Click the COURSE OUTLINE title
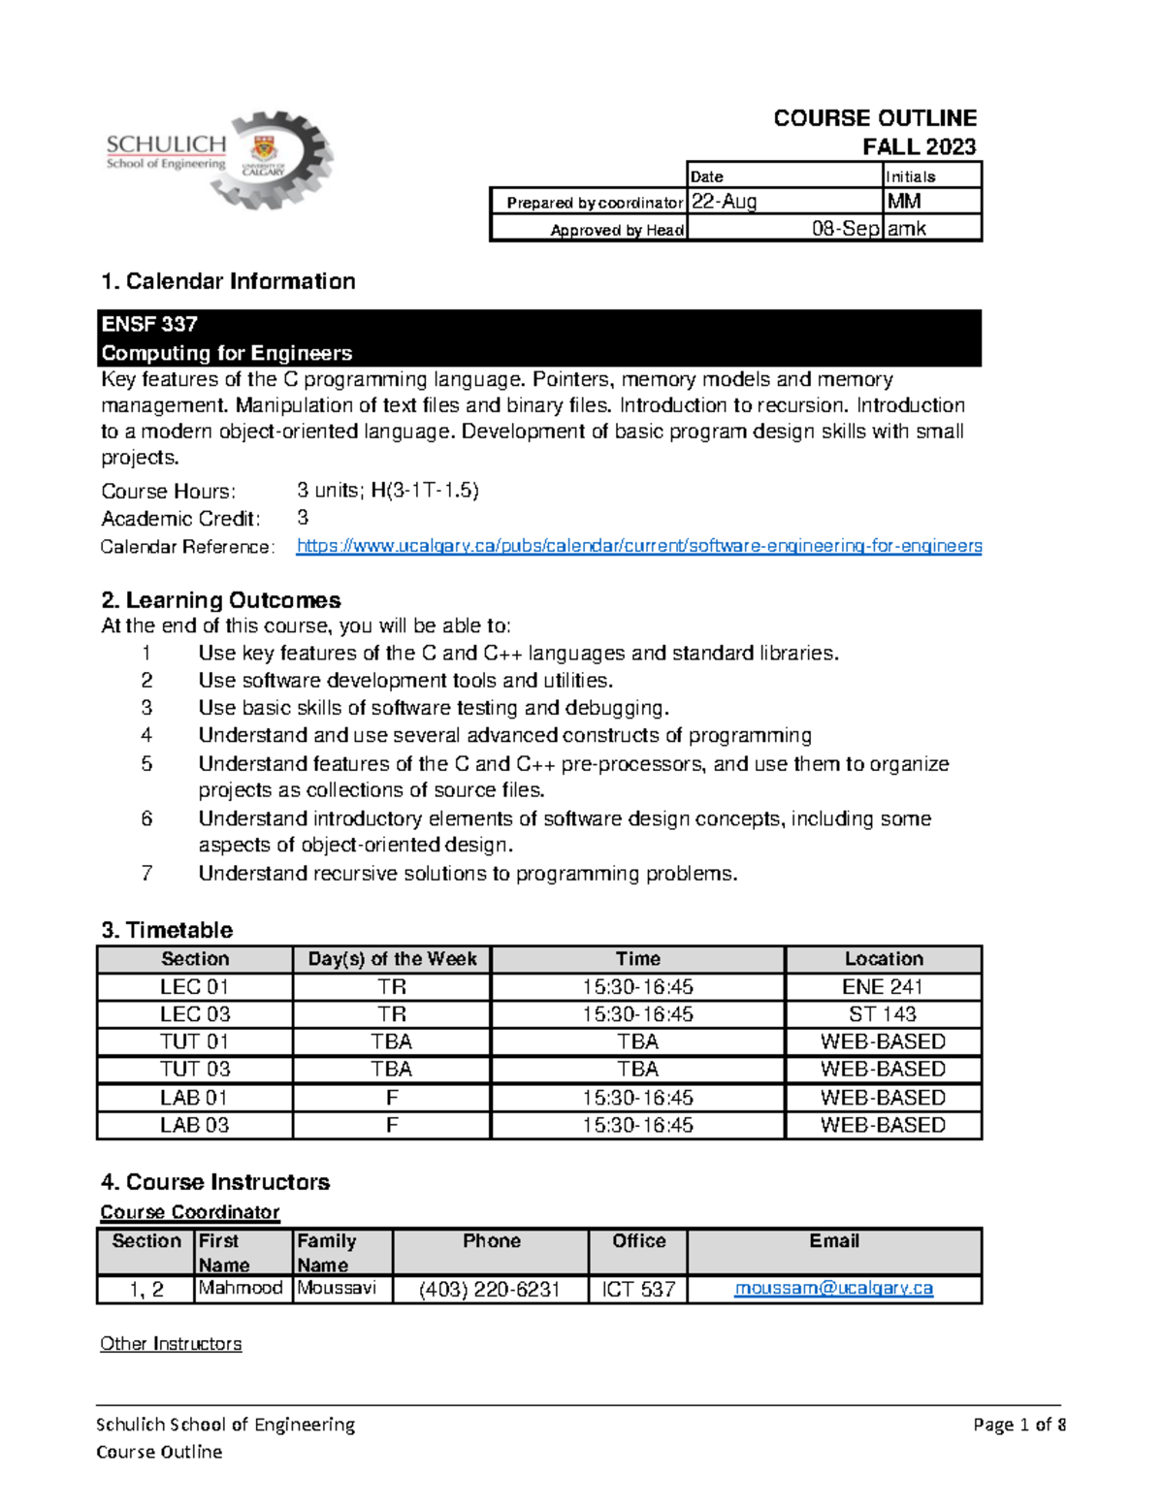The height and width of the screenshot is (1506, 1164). click(x=874, y=118)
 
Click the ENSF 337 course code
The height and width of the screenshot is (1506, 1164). click(x=149, y=324)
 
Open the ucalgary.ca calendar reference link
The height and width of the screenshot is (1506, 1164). click(x=638, y=546)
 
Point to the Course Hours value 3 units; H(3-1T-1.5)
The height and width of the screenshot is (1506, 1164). click(x=388, y=491)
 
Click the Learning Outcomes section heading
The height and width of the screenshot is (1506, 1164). click(x=221, y=600)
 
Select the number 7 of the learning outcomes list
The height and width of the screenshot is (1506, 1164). click(x=146, y=874)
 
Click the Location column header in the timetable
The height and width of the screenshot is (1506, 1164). click(x=883, y=959)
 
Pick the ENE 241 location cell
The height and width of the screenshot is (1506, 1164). click(x=883, y=987)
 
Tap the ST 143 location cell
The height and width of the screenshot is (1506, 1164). click(x=883, y=1014)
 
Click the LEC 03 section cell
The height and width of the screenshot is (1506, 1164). click(x=195, y=1014)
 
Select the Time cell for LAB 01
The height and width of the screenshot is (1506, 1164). click(x=637, y=1098)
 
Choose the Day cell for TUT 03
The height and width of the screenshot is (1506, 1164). click(x=391, y=1070)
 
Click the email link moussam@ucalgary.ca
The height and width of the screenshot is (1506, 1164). click(x=833, y=1289)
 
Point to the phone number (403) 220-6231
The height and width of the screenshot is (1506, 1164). click(x=490, y=1290)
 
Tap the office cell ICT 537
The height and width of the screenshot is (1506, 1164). click(x=638, y=1290)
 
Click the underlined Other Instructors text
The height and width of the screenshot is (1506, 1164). click(x=171, y=1344)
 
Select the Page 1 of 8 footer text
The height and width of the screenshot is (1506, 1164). click(x=1019, y=1425)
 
